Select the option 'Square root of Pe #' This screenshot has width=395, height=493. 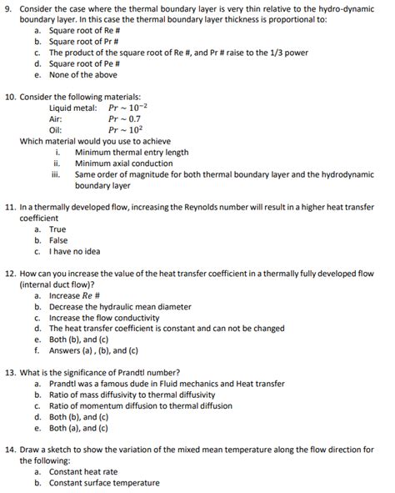click(81, 63)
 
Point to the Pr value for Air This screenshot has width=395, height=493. click(125, 118)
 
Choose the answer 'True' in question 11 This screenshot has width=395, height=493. click(57, 228)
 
